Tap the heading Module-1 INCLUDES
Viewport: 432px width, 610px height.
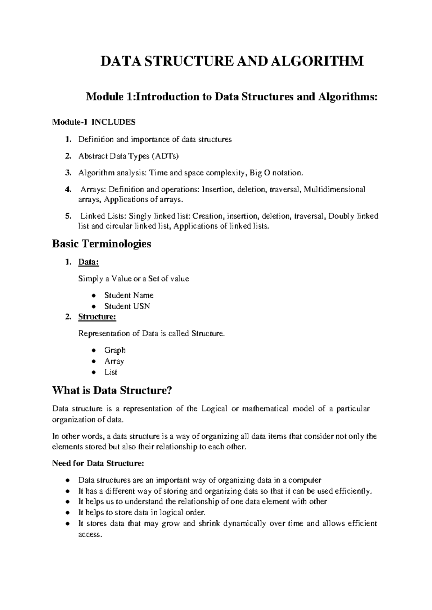[x=94, y=122]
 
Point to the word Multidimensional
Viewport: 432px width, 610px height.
[x=334, y=189]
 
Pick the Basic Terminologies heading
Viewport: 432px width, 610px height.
[x=102, y=244]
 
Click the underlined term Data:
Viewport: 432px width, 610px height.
[x=88, y=262]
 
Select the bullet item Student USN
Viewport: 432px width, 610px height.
[x=127, y=306]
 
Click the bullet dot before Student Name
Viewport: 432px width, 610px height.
[x=94, y=296]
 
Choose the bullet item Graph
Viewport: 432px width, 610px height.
[x=115, y=350]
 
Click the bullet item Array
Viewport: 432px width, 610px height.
[x=114, y=361]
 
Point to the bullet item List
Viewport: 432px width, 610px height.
[x=111, y=372]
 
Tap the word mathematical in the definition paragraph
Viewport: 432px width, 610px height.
[x=266, y=409]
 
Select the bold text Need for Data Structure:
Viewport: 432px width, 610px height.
[x=98, y=463]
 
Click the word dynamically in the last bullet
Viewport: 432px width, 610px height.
[x=244, y=524]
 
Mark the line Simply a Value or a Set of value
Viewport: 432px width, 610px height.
[x=133, y=279]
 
